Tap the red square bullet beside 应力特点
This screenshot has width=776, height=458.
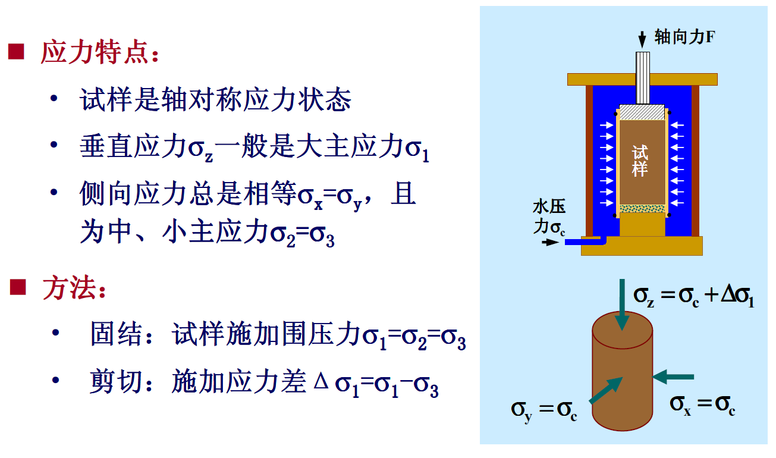point(16,52)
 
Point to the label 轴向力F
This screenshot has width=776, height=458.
point(684,37)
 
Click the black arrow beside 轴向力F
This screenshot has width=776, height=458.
point(642,40)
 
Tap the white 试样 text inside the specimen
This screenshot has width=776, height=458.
point(640,161)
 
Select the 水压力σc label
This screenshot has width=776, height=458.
point(549,217)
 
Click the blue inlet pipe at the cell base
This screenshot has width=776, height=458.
point(583,241)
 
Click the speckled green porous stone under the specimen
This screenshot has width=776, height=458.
point(642,209)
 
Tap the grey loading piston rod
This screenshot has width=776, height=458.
point(643,77)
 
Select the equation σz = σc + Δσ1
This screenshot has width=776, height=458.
point(693,296)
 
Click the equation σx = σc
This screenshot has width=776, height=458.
point(702,405)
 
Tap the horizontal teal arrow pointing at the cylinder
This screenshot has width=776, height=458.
point(674,376)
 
